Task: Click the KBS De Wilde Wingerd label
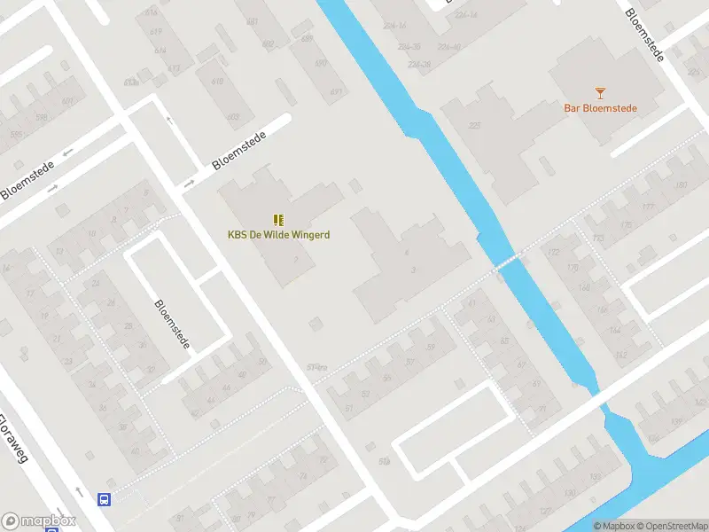click(278, 235)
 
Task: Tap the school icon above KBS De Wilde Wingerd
click(278, 219)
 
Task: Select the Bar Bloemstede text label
click(600, 109)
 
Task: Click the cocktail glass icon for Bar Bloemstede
click(600, 92)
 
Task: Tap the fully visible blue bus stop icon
click(105, 499)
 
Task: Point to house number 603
click(233, 116)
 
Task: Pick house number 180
click(681, 185)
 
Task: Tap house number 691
click(336, 91)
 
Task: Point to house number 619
click(157, 31)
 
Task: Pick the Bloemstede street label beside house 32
click(172, 323)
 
